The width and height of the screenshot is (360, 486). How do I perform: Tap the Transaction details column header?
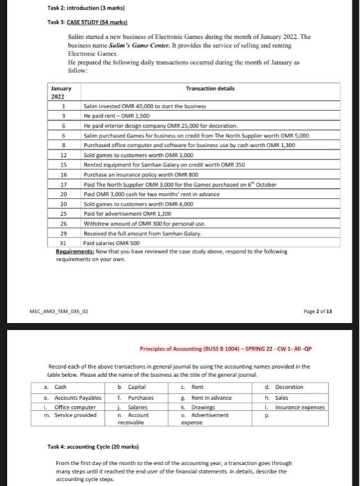click(211, 89)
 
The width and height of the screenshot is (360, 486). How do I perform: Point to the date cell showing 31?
click(63, 244)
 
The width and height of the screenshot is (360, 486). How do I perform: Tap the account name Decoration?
click(289, 387)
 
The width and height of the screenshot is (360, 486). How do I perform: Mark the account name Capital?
click(136, 387)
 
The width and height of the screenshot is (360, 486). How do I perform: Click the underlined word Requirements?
click(74, 250)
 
